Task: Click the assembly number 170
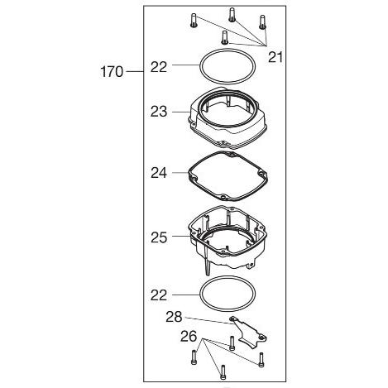coord(112,72)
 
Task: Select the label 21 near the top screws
coord(275,57)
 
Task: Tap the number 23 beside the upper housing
coord(159,112)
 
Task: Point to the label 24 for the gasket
coord(159,173)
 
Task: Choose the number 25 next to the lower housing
coord(159,237)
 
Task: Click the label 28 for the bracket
coord(174,317)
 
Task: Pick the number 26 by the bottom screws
coord(189,336)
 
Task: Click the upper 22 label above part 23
coord(159,67)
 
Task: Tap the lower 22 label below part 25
coord(159,295)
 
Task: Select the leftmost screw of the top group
coord(194,20)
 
